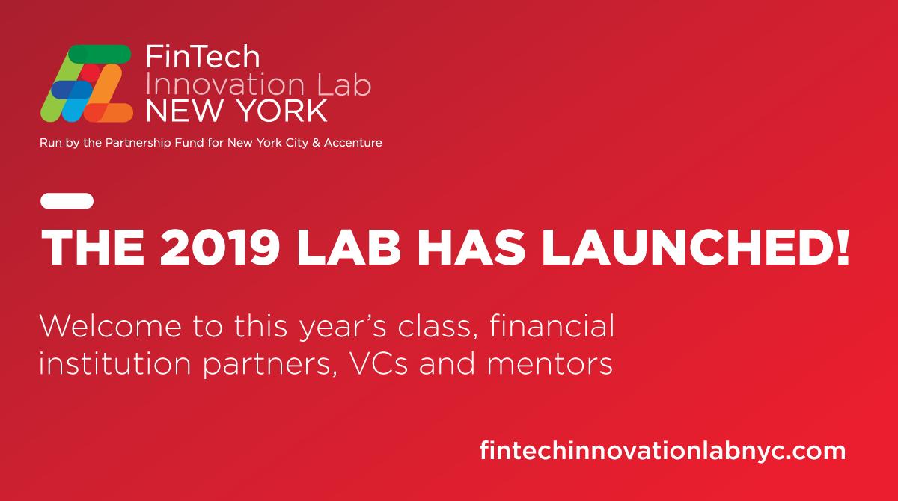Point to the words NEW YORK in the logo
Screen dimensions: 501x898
[236, 111]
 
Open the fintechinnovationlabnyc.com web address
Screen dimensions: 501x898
[662, 451]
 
